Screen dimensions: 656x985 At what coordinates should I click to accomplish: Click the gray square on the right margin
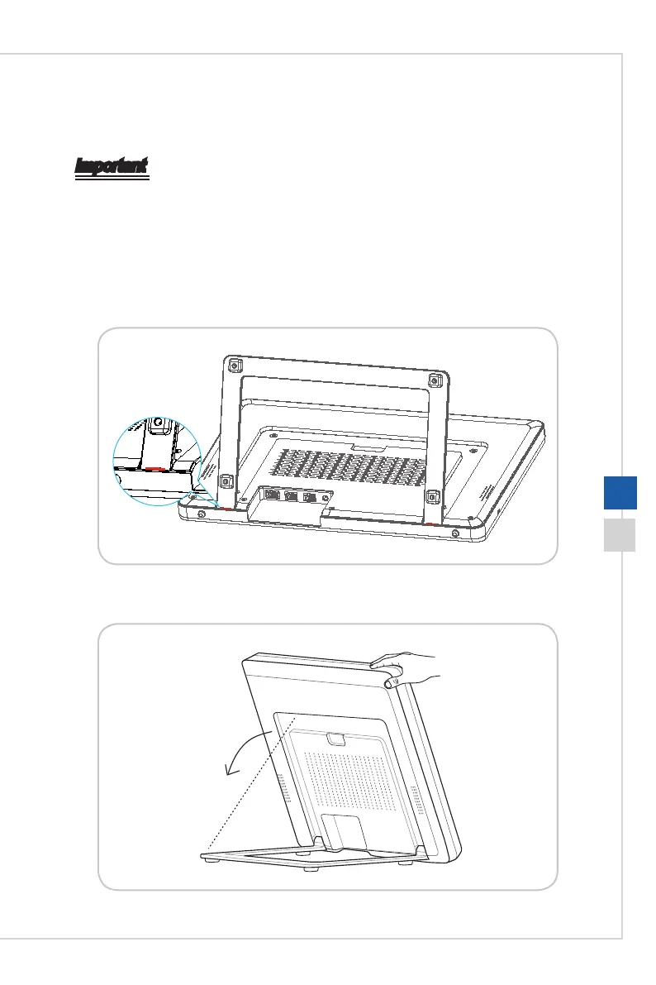tap(619, 535)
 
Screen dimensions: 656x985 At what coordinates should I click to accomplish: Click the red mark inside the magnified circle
tap(154, 469)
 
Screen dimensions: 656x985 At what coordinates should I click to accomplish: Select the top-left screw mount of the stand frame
tap(235, 365)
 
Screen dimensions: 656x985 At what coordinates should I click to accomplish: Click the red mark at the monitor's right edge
tap(433, 524)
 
